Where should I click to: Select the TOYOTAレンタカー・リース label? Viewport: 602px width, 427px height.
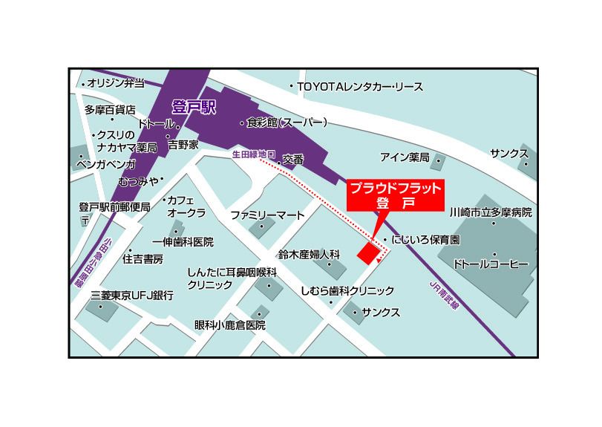point(361,88)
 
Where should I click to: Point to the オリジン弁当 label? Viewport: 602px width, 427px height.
point(116,82)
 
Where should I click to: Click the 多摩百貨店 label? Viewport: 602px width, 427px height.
point(111,110)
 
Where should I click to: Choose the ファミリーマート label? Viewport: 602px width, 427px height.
point(267,215)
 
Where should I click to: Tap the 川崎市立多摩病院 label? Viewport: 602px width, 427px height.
point(491,212)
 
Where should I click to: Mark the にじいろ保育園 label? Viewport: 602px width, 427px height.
point(426,241)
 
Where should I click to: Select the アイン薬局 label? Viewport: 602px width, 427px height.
point(405,157)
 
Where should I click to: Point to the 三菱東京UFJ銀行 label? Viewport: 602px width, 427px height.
point(131,296)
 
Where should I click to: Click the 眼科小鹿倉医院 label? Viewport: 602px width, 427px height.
point(229,325)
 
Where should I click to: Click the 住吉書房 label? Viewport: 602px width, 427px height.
point(143,259)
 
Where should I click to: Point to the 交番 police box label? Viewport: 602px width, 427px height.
point(293,159)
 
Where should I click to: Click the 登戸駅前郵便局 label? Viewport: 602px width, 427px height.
point(115,206)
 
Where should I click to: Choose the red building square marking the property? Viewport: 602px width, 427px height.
point(367,252)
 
